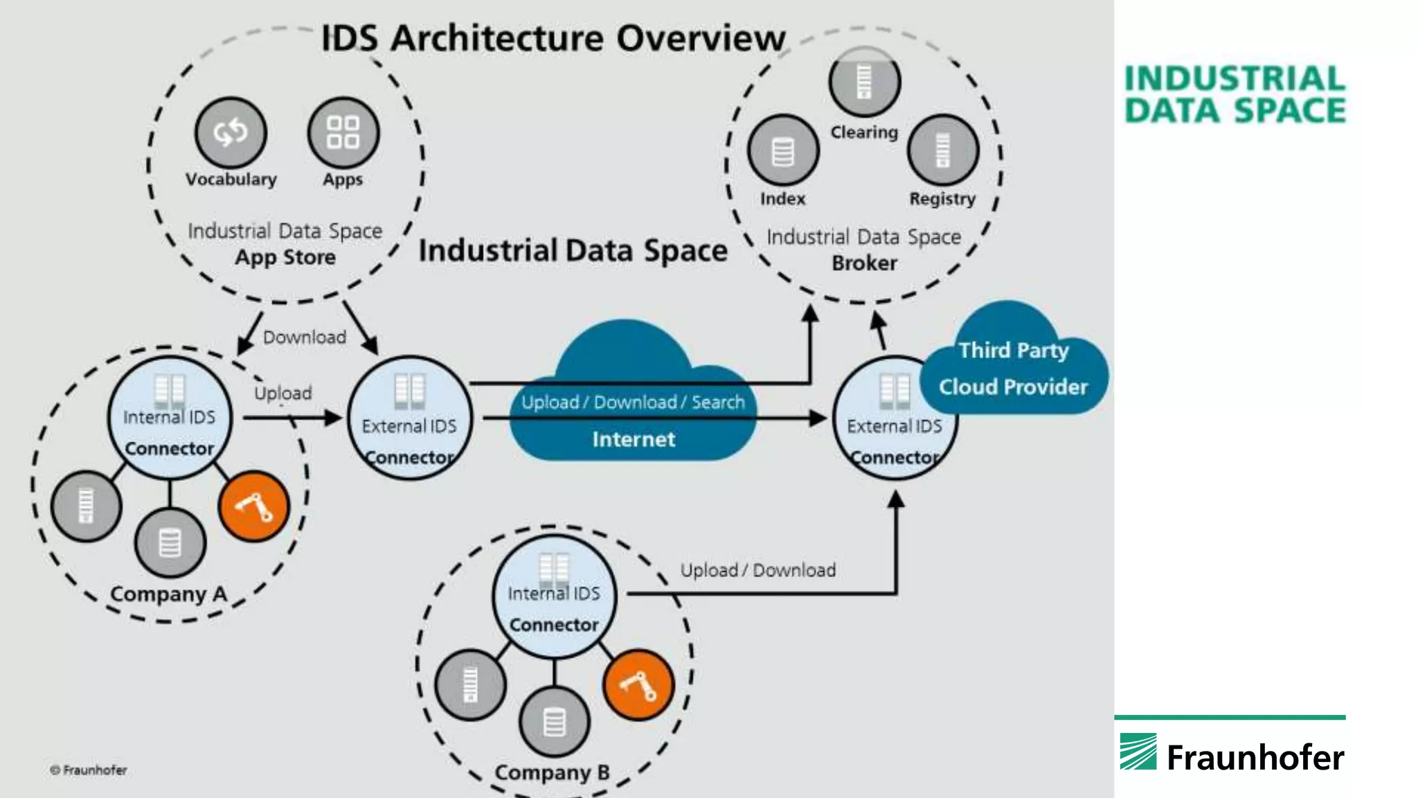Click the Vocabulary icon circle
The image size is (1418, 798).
point(231,132)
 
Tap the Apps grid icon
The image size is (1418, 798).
point(343,132)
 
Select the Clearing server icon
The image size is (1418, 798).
point(864,81)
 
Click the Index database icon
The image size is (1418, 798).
point(783,151)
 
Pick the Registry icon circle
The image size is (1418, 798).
point(942,150)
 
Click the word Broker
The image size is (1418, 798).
point(864,263)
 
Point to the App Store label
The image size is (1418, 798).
point(285,257)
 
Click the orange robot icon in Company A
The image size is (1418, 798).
point(254,506)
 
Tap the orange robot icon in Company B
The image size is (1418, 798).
point(638,684)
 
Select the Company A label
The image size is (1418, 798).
point(168,594)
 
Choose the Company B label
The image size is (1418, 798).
point(552,772)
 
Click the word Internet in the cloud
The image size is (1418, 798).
point(633,439)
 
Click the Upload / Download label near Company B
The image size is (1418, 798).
point(757,570)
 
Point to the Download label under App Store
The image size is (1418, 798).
point(305,337)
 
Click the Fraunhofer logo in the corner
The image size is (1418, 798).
point(1232,755)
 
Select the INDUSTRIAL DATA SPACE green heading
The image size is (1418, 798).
point(1235,95)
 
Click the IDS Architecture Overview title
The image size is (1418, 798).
point(553,38)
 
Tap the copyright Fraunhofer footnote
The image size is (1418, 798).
point(89,770)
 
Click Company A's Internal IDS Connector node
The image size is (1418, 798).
point(170,418)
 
